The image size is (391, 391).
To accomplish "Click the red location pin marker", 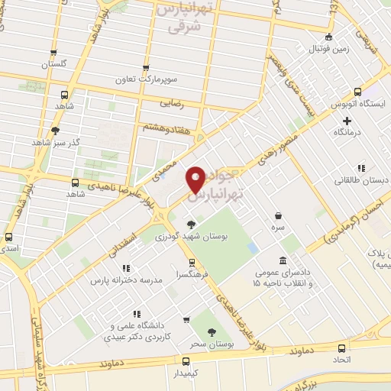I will coord(195,179).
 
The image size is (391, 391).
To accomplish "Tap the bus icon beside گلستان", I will coord(53,53).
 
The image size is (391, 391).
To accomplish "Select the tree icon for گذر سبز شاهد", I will coord(55,130).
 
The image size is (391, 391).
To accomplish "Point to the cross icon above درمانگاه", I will coord(347,121).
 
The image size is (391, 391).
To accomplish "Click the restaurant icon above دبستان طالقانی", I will coord(360,168).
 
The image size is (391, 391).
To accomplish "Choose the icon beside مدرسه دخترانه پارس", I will coord(127,268).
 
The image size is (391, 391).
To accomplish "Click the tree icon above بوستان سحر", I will coord(213,331).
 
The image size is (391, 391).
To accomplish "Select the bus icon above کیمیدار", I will coord(186,360).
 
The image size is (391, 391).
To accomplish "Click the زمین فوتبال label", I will coord(329,49).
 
